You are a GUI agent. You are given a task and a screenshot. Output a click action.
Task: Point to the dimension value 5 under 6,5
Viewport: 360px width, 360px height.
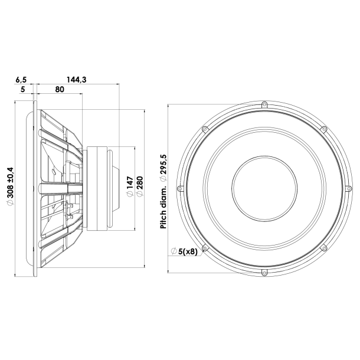click(x=22, y=90)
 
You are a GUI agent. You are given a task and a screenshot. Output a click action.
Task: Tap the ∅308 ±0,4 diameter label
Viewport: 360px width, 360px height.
click(x=8, y=188)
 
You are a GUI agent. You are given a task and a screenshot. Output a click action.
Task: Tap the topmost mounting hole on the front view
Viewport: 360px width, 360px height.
click(x=264, y=104)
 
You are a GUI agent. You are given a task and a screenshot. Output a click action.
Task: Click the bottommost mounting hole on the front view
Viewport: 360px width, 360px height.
click(x=264, y=272)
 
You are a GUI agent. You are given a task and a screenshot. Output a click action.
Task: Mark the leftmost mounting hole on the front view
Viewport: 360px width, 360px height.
click(x=181, y=188)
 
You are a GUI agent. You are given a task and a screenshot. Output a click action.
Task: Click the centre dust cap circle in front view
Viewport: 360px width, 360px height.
click(x=264, y=188)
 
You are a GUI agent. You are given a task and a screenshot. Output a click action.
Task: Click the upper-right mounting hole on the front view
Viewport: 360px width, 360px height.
click(x=323, y=129)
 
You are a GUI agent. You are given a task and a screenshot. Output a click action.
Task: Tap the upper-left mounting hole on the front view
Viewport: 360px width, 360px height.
click(x=205, y=129)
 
